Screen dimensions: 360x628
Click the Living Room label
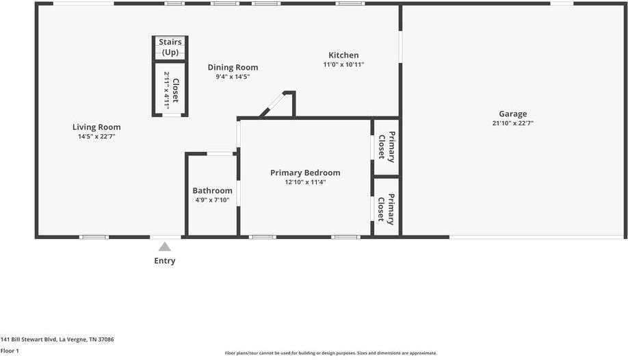click(x=96, y=127)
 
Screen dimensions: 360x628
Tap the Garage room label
click(x=512, y=114)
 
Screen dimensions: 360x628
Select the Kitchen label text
click(x=343, y=55)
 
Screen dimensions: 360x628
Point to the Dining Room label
click(x=233, y=67)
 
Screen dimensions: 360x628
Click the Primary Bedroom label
click(x=305, y=172)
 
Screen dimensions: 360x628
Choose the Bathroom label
click(x=212, y=190)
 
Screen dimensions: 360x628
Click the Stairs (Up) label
click(x=170, y=47)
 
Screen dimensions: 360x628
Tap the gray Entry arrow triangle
click(x=165, y=246)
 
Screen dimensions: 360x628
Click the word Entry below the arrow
click(x=165, y=261)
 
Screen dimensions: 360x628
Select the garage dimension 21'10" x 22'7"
click(x=512, y=124)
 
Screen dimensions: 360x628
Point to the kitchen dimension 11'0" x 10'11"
click(x=343, y=65)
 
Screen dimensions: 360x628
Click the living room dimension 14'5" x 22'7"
click(x=96, y=136)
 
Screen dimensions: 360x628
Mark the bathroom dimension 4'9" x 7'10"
click(x=212, y=200)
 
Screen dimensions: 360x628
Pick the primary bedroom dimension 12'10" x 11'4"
click(x=305, y=182)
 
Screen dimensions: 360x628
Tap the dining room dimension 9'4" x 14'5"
click(x=233, y=77)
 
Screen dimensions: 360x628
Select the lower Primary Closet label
click(x=387, y=209)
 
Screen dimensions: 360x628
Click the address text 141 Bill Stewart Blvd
click(x=57, y=339)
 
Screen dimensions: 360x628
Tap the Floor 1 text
click(x=10, y=351)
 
